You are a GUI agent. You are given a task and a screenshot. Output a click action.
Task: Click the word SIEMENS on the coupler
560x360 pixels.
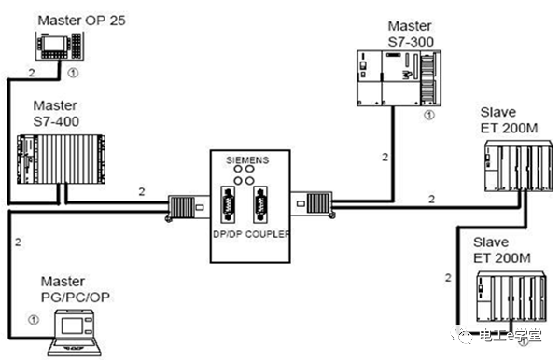point(251,160)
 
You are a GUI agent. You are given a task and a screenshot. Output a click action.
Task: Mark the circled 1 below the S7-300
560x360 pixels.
point(427,116)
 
